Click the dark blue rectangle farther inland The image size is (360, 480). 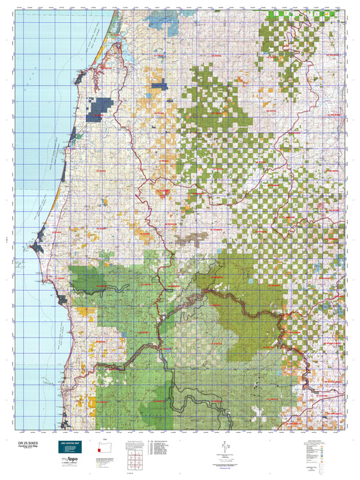159,86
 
